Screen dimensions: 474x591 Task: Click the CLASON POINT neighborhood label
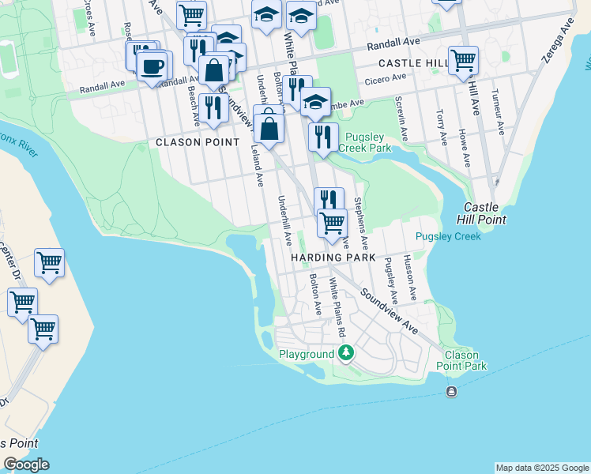[x=198, y=142]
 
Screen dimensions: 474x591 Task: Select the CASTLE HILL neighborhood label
[x=412, y=62]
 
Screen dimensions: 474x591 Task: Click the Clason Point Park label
[x=461, y=361]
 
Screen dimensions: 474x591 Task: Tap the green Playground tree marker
[x=344, y=352]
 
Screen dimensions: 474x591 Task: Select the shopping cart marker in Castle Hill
[x=463, y=60]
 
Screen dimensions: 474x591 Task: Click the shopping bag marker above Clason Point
[x=269, y=129]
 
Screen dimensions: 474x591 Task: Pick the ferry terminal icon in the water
[x=451, y=392]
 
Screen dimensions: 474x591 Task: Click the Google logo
[x=26, y=465]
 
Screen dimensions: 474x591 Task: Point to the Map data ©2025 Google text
[x=542, y=468]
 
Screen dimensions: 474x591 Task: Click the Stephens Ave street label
[x=361, y=220]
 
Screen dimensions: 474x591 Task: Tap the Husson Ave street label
[x=409, y=276]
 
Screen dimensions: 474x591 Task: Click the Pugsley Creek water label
[x=447, y=236]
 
